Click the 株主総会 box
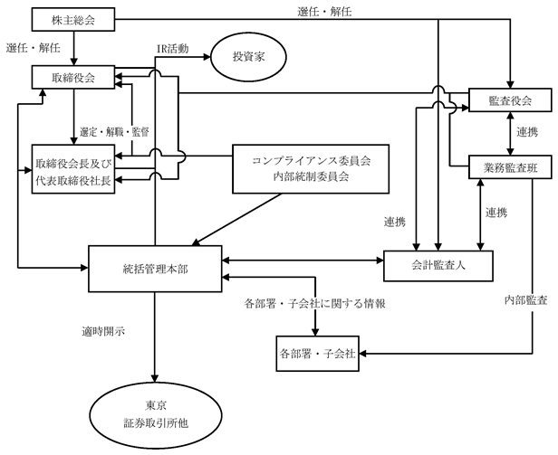pyautogui.click(x=73, y=20)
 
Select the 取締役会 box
pyautogui.click(x=73, y=77)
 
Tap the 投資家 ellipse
pyautogui.click(x=249, y=57)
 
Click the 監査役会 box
pyautogui.click(x=510, y=100)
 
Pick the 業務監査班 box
pyautogui.click(x=510, y=167)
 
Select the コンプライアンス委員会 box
pyautogui.click(x=311, y=169)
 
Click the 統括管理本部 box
pyautogui.click(x=155, y=269)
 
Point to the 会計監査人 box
pyautogui.click(x=438, y=266)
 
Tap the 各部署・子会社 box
pyautogui.click(x=317, y=354)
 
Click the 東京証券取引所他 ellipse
pyautogui.click(x=156, y=415)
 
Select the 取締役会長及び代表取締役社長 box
pyautogui.click(x=73, y=169)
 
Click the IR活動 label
pyautogui.click(x=173, y=49)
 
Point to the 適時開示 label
pyautogui.click(x=103, y=332)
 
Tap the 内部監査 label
pyautogui.click(x=526, y=300)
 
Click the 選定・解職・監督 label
pyautogui.click(x=114, y=132)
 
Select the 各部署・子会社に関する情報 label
pyautogui.click(x=314, y=304)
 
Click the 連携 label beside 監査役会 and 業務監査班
pyautogui.click(x=527, y=132)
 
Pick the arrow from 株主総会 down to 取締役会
pyautogui.click(x=74, y=48)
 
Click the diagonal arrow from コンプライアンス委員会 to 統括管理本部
pyautogui.click(x=236, y=220)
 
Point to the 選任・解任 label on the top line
pyautogui.click(x=324, y=12)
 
